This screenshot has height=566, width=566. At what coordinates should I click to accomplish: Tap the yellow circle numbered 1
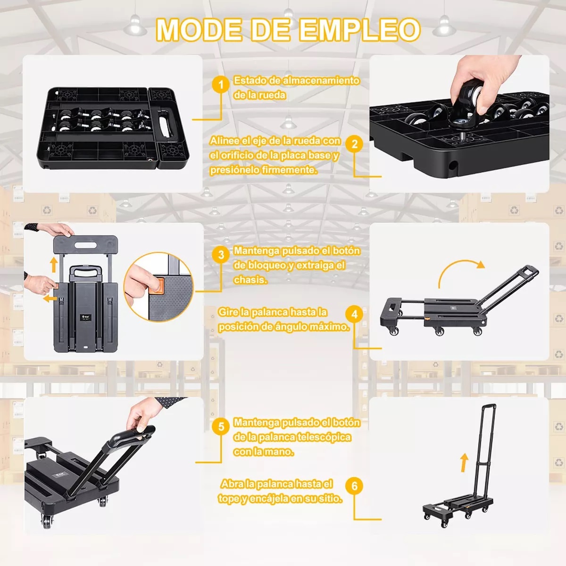[x=220, y=85]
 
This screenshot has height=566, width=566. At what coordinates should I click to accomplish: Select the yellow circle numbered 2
[x=354, y=144]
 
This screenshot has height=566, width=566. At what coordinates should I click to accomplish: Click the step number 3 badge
[x=221, y=255]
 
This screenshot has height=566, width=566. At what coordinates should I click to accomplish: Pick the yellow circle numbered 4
[x=354, y=314]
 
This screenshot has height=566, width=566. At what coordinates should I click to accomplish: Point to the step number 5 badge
[x=221, y=427]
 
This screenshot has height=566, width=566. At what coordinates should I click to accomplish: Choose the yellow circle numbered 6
[x=354, y=485]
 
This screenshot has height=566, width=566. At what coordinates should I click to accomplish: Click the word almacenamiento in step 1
[x=321, y=81]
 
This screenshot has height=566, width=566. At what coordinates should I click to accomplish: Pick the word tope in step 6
[x=229, y=499]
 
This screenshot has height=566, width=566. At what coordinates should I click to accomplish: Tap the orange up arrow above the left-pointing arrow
[x=54, y=264]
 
